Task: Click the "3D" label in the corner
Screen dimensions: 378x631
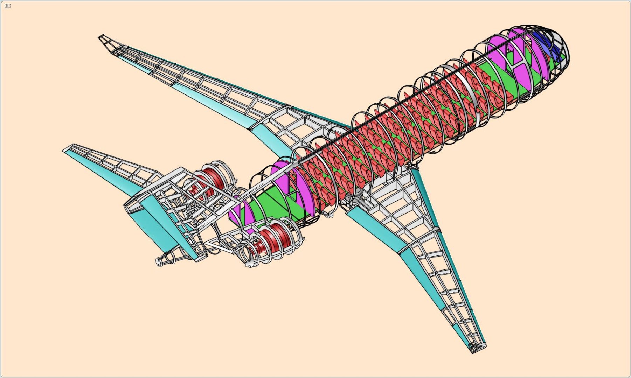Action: point(7,6)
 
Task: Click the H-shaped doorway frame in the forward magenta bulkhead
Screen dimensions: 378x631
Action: point(518,63)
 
